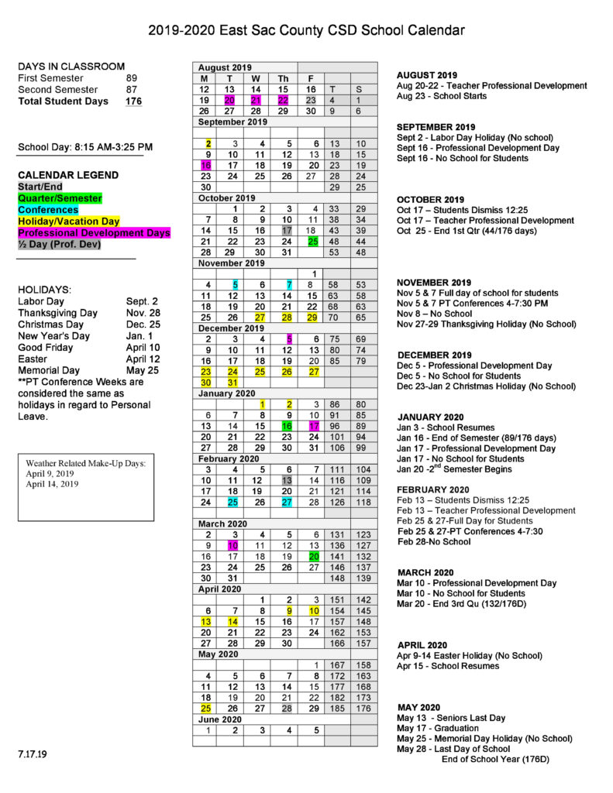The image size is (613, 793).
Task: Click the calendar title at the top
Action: [307, 31]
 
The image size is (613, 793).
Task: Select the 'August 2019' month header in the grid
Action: [225, 67]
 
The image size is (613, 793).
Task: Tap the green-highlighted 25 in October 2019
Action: [313, 242]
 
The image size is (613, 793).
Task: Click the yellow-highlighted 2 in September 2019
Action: [208, 143]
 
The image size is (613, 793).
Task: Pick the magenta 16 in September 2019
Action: [205, 165]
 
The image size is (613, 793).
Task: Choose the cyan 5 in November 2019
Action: [235, 285]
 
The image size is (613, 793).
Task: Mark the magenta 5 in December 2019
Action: [288, 338]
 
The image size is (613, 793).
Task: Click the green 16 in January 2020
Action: [287, 426]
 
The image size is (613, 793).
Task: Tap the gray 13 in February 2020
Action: [286, 480]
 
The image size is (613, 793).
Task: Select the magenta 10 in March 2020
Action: [232, 545]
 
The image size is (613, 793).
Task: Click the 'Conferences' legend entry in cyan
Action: [48, 210]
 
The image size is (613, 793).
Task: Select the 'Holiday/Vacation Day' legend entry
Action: [69, 221]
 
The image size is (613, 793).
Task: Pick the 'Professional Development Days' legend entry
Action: [94, 232]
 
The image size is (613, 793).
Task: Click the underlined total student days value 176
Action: [133, 101]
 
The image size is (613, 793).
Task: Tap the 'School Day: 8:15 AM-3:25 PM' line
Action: [85, 146]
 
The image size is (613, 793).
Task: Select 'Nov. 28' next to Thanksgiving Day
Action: [142, 313]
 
